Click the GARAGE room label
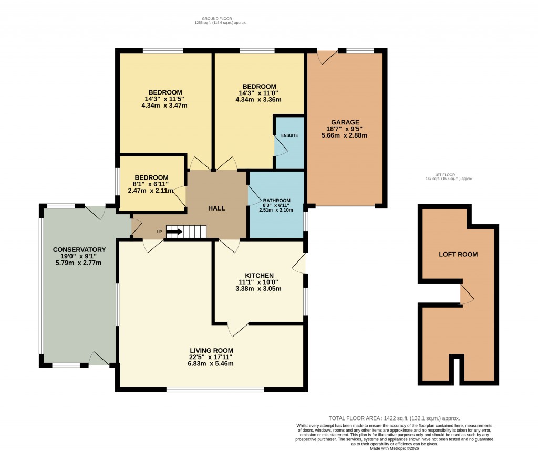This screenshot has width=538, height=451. click(x=345, y=122)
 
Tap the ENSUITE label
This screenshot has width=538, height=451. click(x=289, y=135)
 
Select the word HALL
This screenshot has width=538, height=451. click(x=216, y=208)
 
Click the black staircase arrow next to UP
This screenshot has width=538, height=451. click(x=174, y=231)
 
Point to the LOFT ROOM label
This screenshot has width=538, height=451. click(x=458, y=254)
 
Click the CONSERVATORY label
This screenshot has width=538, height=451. click(x=79, y=249)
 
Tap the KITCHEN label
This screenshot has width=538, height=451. click(x=259, y=276)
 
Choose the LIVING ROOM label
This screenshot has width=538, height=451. click(x=211, y=350)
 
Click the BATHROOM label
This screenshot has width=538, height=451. click(x=277, y=201)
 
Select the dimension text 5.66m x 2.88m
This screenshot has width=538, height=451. click(x=344, y=135)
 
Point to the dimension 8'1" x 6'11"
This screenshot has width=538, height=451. click(x=151, y=184)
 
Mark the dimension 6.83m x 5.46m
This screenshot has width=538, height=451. click(x=211, y=363)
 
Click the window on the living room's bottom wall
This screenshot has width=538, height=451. click(x=215, y=389)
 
